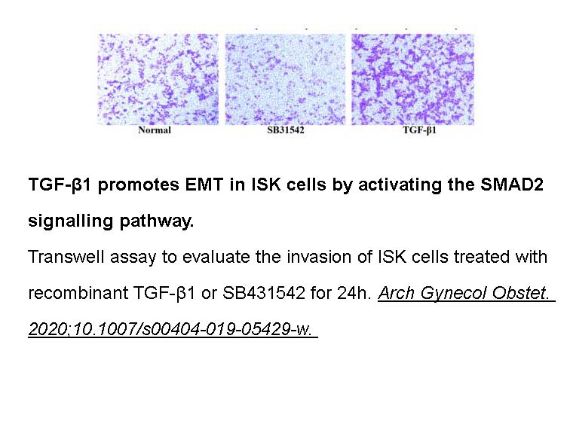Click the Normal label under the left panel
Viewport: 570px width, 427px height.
(155, 130)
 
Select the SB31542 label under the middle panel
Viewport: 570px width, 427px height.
(285, 130)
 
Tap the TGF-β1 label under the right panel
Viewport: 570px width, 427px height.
(419, 130)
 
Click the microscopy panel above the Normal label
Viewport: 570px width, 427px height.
(158, 79)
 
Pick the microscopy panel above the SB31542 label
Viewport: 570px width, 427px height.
(285, 79)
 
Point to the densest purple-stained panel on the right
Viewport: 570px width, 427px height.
(412, 79)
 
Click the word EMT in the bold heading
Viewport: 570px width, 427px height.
(204, 185)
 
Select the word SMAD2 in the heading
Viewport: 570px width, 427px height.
(512, 185)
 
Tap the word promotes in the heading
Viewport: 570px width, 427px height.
(139, 185)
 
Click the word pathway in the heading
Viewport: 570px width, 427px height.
(157, 221)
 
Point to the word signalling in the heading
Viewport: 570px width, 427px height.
(71, 221)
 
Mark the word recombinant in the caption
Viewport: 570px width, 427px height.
(78, 293)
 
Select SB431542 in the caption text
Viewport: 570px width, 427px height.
(264, 293)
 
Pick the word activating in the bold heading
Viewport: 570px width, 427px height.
(400, 185)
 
